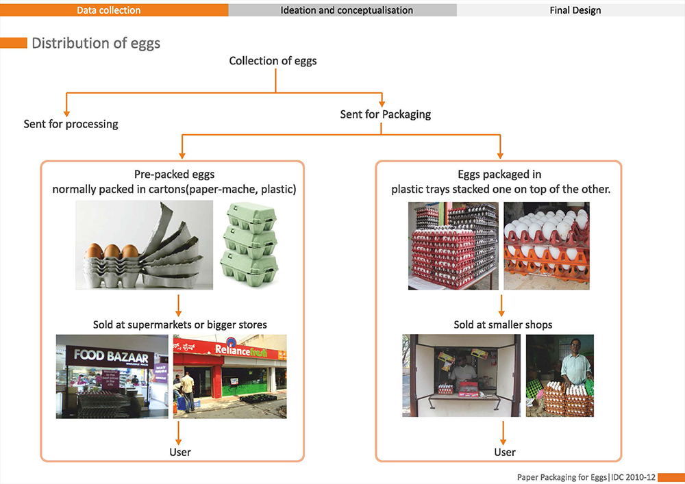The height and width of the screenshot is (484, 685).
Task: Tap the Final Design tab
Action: [575, 10]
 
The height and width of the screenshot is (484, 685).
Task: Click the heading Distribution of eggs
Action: [96, 43]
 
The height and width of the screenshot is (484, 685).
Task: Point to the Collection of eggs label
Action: [273, 61]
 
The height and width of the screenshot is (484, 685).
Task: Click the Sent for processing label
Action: [71, 124]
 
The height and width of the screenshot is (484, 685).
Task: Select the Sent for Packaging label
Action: [385, 114]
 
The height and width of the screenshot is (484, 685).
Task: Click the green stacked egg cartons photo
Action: [249, 246]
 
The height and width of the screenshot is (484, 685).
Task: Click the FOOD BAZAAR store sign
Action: [110, 355]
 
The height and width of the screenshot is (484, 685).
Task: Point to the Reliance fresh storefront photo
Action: [229, 376]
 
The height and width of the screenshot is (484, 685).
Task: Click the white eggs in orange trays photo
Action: [546, 245]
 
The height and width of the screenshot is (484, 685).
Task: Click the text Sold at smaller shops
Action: [503, 324]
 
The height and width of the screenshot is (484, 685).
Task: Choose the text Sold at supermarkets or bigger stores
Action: [180, 324]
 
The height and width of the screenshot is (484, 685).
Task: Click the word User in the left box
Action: [180, 452]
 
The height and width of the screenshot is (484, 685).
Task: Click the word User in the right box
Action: [505, 452]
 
